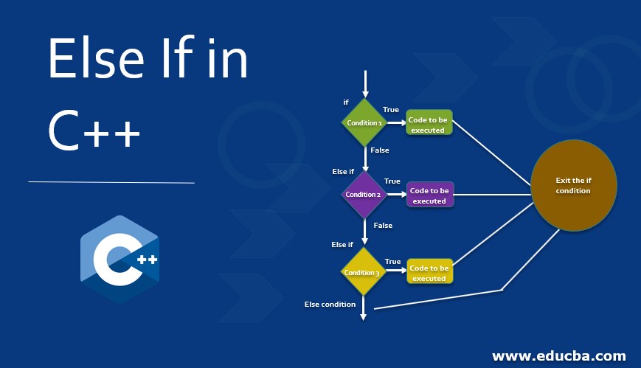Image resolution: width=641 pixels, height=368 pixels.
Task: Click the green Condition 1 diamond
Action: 364,122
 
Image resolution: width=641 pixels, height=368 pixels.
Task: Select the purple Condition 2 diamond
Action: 364,195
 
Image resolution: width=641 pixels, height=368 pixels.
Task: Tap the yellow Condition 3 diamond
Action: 362,272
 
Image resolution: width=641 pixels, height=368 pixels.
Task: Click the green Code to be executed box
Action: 428,124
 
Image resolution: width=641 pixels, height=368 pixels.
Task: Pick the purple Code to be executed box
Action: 429,195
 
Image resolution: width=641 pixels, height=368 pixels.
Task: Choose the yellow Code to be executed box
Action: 429,273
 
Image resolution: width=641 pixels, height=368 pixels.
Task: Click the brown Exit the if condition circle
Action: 573,185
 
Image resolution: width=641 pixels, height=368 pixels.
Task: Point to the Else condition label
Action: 330,304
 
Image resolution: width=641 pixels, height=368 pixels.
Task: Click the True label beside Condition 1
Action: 391,110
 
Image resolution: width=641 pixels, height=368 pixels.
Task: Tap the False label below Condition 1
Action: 380,150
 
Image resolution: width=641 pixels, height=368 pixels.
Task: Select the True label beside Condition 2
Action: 392,181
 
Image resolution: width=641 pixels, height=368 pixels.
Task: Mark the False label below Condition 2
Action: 383,226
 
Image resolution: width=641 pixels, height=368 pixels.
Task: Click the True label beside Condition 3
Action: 392,262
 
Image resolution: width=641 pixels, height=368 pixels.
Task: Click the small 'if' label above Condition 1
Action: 346,103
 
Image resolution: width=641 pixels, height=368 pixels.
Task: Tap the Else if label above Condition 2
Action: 343,172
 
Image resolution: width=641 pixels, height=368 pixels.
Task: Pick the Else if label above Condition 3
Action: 342,245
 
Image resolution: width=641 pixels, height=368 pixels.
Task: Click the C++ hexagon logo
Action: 119,259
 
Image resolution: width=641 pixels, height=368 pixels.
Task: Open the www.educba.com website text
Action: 558,356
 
